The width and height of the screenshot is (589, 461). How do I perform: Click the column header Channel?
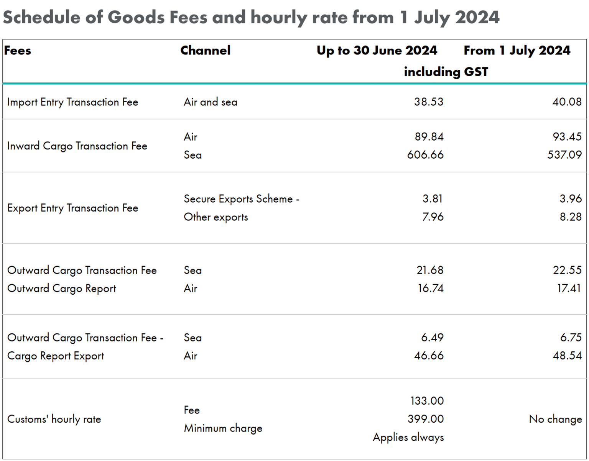(x=205, y=51)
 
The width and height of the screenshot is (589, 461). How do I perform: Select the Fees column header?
(x=18, y=51)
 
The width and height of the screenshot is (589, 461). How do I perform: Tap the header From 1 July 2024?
(x=517, y=51)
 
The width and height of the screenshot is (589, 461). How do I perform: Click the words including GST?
(x=446, y=72)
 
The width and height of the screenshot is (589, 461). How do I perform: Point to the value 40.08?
(x=567, y=102)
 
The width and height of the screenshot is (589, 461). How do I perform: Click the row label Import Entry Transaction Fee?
(x=72, y=102)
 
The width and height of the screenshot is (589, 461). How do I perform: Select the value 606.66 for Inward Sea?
(x=425, y=155)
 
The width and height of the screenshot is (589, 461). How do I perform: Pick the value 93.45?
(x=567, y=137)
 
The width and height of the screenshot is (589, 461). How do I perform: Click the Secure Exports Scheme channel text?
(x=241, y=199)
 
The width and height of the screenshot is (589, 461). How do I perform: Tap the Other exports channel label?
(x=216, y=217)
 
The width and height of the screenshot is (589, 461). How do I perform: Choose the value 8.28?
(x=570, y=217)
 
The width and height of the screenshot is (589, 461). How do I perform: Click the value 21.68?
(x=430, y=270)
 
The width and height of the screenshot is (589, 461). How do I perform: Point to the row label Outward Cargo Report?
(x=61, y=289)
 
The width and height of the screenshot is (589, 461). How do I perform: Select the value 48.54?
(x=567, y=356)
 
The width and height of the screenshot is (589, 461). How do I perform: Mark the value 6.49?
(x=432, y=338)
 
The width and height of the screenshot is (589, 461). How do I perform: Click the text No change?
(x=555, y=419)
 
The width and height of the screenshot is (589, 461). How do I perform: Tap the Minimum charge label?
(x=223, y=428)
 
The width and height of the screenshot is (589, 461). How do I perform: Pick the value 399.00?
(x=425, y=419)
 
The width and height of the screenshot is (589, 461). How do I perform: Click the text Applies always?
(x=408, y=437)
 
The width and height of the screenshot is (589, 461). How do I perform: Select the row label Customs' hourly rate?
(x=54, y=419)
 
